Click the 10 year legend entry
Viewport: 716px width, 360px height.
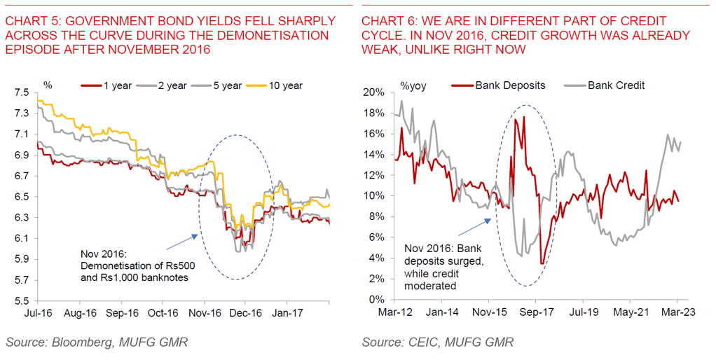pos(284,85)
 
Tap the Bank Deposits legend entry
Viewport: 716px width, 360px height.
pos(510,85)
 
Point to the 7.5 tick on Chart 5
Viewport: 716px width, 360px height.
pos(20,92)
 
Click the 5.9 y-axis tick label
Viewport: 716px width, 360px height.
pos(20,259)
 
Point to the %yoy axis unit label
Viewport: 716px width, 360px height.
pos(413,85)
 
